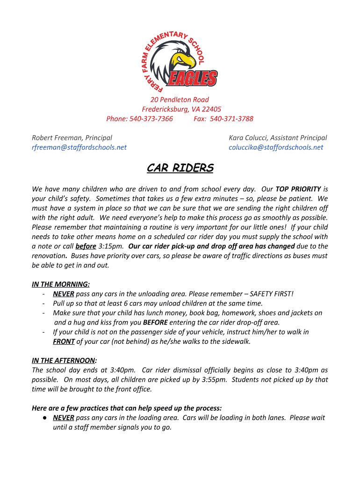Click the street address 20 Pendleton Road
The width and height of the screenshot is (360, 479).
click(x=180, y=100)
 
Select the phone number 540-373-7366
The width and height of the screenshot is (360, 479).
click(x=152, y=119)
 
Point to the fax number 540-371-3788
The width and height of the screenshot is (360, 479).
click(x=231, y=119)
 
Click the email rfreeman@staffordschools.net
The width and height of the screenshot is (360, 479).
click(x=79, y=147)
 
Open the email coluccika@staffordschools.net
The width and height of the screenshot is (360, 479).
click(x=276, y=147)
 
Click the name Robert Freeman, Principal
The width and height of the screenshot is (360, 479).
click(x=72, y=138)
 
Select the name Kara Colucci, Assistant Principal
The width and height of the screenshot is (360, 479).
click(x=278, y=138)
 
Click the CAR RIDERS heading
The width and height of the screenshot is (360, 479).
click(x=180, y=168)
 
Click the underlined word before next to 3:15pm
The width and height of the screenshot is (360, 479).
click(x=86, y=246)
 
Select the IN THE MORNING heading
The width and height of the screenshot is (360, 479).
click(x=61, y=284)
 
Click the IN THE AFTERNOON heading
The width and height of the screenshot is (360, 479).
click(x=64, y=360)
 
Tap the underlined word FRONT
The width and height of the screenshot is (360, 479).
click(x=64, y=341)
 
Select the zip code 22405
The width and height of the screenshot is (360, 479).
click(x=211, y=109)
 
